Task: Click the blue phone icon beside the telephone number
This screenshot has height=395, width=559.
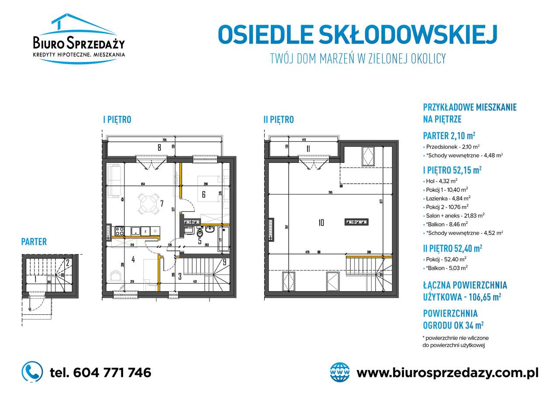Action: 32,372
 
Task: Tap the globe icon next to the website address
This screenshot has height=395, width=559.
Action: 340,372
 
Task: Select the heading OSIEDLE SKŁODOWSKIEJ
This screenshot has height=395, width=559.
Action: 357,35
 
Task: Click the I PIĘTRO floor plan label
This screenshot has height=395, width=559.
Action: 117,120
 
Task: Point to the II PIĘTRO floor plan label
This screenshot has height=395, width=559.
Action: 279,120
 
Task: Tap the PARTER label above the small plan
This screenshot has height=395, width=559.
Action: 34,242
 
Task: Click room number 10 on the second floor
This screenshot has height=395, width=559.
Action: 321,223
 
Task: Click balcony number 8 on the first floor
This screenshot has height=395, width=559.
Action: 159,148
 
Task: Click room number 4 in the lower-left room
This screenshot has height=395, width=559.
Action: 133,260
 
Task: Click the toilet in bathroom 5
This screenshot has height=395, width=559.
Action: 200,232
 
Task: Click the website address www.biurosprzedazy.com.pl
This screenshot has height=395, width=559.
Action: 447,373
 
